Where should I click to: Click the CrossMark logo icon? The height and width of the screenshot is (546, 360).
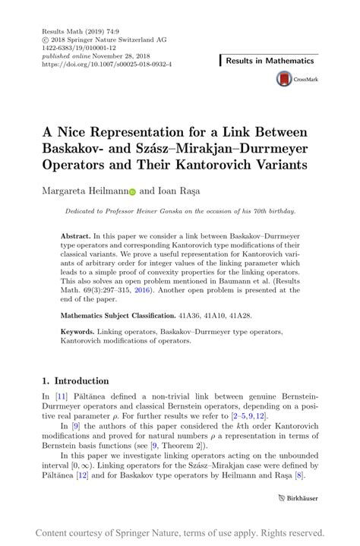click(285, 79)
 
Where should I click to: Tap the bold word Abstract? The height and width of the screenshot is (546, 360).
click(76, 237)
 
